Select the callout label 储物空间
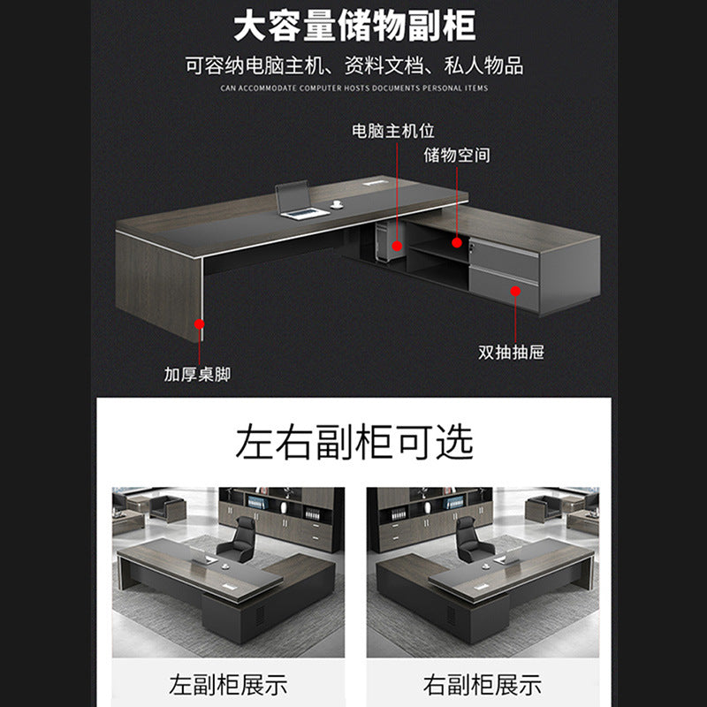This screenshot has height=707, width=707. click(x=456, y=156)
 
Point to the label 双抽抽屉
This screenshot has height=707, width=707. click(x=511, y=352)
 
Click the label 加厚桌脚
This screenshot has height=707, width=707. click(x=197, y=374)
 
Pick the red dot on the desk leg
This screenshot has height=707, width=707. click(x=201, y=324)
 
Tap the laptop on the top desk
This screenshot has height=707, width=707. click(x=298, y=201)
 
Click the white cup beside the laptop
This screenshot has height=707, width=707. click(x=337, y=204)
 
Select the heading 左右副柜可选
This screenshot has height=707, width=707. click(x=353, y=442)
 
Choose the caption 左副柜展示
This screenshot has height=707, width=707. click(x=228, y=684)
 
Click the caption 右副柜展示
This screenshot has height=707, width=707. click(x=482, y=684)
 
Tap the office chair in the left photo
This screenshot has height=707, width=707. click(x=239, y=539)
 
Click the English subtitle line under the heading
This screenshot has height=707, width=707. click(x=353, y=88)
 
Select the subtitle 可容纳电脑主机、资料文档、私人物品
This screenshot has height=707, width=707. click(x=353, y=65)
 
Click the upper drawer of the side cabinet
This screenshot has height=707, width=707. click(x=505, y=256)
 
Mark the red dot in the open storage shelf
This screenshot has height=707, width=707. click(x=457, y=240)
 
